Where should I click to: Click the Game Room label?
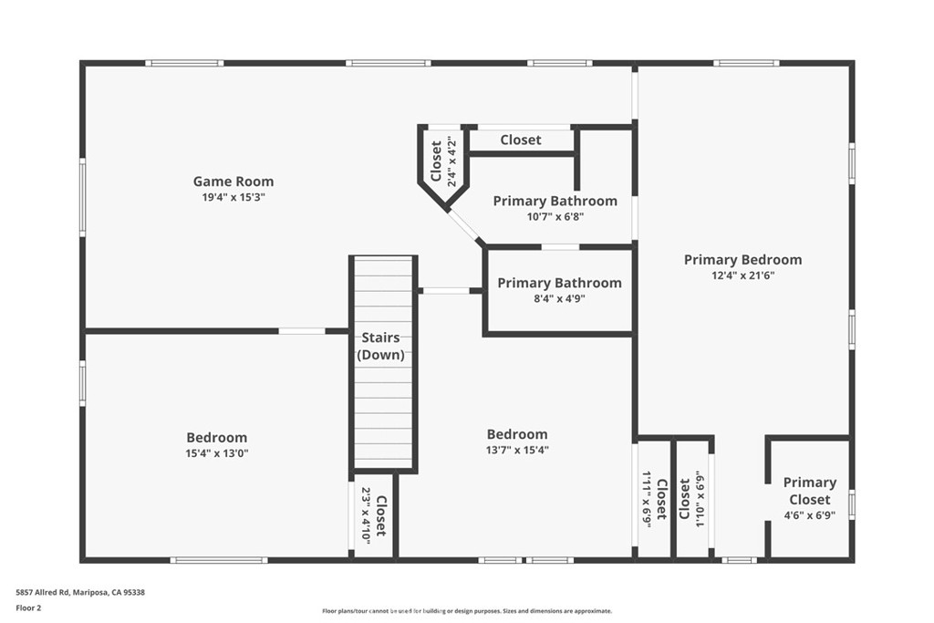233,182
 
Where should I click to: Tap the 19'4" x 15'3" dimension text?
233,197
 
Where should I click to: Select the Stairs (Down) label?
380,346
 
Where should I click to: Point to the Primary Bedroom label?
742,260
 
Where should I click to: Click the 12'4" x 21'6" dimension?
742,275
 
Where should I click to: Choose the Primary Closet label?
809,491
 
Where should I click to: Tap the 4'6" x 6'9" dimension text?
809,515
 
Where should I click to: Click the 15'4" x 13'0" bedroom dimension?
217,453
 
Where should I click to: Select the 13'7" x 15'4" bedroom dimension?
517,450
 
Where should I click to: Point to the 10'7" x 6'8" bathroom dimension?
555,217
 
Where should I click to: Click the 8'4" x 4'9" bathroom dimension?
559,298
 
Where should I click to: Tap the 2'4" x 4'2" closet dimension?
451,161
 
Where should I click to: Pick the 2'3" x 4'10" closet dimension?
367,515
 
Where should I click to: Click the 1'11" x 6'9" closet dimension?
647,499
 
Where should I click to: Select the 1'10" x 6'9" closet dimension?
700,499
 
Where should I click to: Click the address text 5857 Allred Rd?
80,592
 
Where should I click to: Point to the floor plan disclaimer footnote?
466,611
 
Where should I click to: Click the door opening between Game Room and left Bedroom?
302,331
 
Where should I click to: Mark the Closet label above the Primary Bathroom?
520,140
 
